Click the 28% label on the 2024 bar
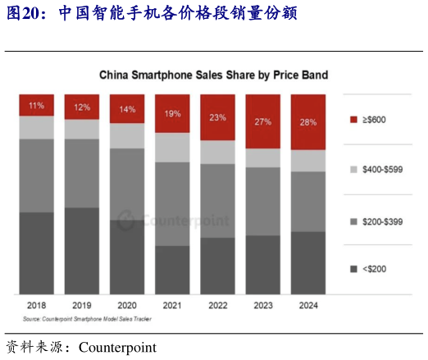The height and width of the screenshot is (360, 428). [307, 123]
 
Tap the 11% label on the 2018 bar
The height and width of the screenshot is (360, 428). [36, 105]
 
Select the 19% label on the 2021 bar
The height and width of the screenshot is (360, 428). [172, 114]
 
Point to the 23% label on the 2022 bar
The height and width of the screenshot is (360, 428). [217, 118]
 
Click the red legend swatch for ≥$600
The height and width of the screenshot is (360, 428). [353, 120]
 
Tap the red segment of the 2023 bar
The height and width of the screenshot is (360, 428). [262, 121]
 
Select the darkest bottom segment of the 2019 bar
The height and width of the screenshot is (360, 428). [82, 250]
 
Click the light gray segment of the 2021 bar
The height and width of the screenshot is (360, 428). [172, 147]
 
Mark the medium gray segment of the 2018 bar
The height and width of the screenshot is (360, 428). [36, 175]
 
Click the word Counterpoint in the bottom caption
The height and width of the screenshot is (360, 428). [117, 348]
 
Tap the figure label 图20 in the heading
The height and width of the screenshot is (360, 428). [25, 15]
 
